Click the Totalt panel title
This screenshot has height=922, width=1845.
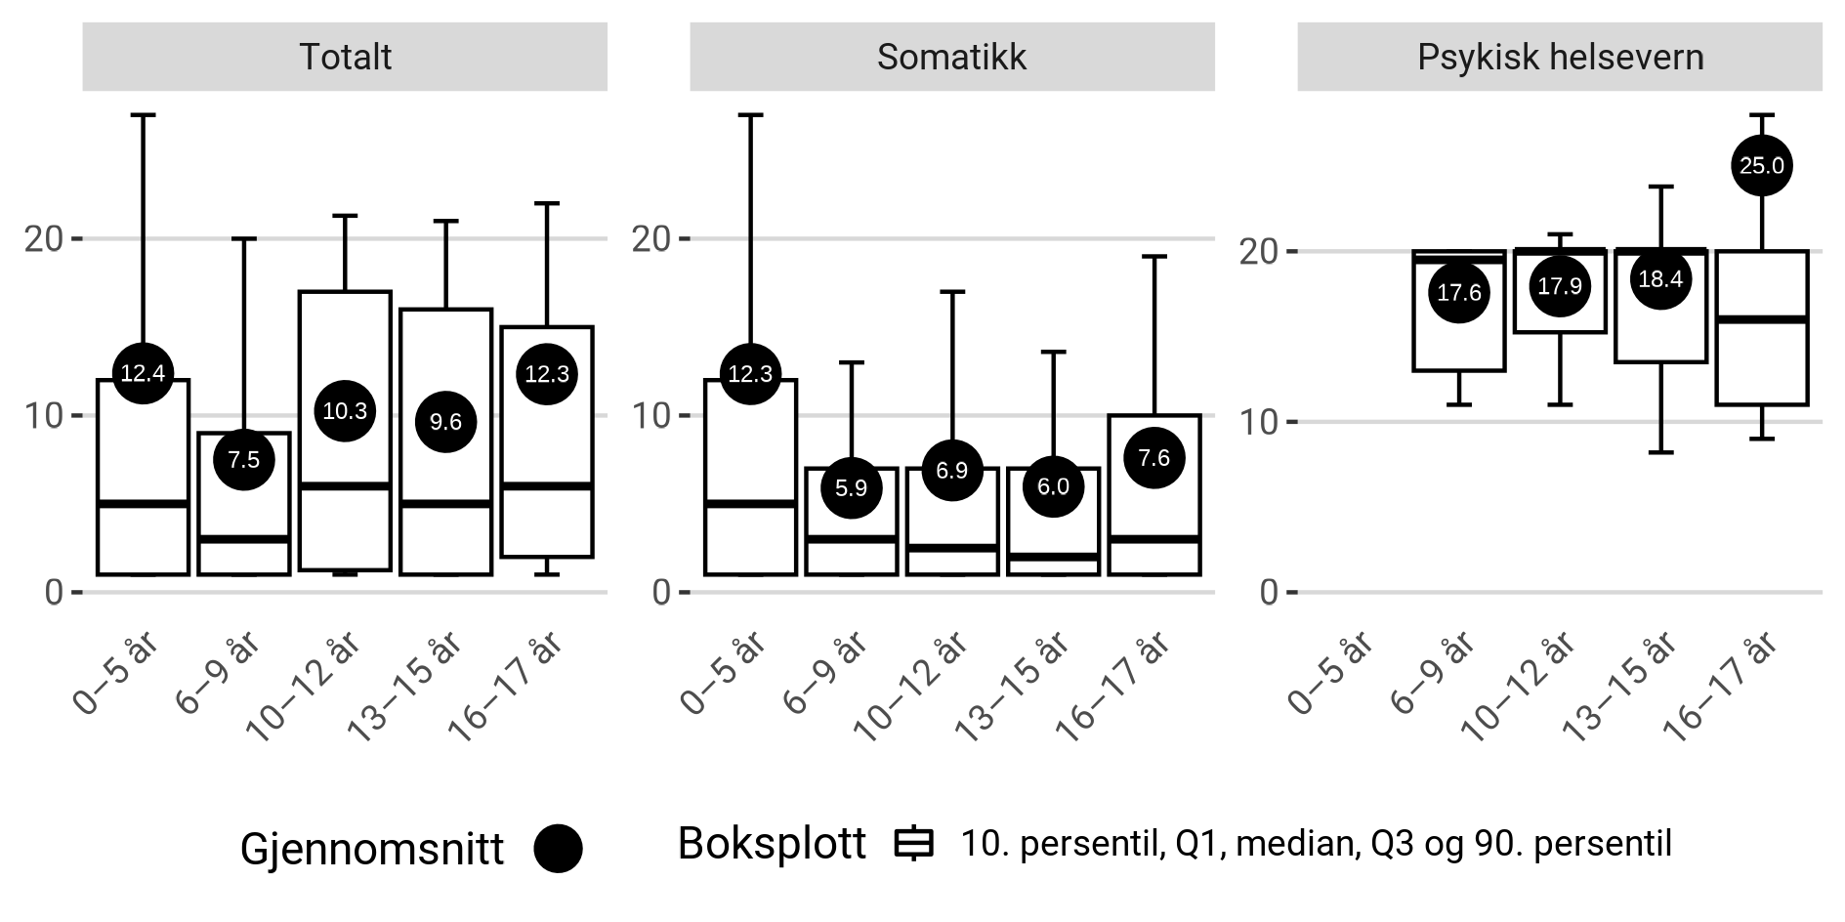345,58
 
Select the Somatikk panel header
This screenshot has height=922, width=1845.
951,58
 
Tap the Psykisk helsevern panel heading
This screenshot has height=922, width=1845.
1560,58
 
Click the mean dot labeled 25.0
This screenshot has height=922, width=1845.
1761,166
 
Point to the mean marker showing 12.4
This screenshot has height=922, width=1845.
143,372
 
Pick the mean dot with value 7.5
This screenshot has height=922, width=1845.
243,460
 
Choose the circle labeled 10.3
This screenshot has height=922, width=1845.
345,410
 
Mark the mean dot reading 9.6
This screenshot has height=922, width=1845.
445,422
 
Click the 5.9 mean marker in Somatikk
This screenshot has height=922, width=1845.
851,487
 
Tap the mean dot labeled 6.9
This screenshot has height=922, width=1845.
951,470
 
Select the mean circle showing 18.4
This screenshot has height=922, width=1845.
1659,279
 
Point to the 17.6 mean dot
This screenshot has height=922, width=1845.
1459,293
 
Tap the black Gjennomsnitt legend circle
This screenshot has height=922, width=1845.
558,849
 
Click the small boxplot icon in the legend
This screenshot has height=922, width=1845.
914,844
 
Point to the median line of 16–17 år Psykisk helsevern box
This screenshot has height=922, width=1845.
1761,319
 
